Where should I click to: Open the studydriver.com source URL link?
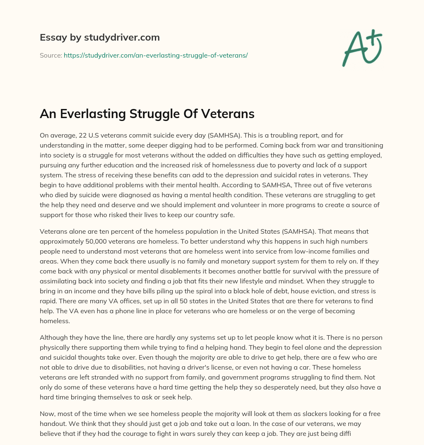[x=155, y=55]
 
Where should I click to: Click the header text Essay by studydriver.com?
[x=99, y=37]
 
